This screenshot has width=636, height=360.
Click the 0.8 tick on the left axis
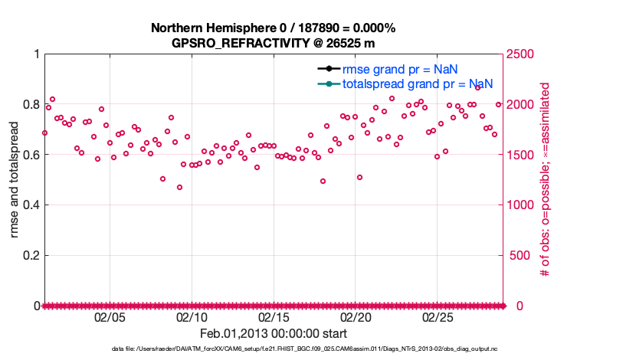31,104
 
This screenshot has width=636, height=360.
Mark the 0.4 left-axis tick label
31,205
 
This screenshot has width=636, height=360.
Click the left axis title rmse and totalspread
15,179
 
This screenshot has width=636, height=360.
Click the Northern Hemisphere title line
274,28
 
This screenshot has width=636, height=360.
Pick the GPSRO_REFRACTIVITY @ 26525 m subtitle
274,43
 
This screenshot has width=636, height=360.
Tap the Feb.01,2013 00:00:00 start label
274,334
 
